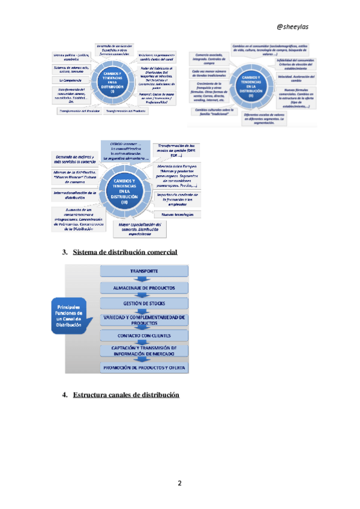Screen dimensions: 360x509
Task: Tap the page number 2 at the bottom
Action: pyautogui.click(x=179, y=483)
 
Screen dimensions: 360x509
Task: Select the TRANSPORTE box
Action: pyautogui.click(x=144, y=272)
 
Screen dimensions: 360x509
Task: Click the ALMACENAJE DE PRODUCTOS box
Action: pyautogui.click(x=144, y=288)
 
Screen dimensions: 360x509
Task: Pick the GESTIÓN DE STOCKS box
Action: pyautogui.click(x=144, y=304)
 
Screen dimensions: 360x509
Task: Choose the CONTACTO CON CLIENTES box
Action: pyautogui.click(x=144, y=335)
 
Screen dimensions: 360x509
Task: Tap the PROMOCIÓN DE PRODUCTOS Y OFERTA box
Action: pyautogui.click(x=144, y=367)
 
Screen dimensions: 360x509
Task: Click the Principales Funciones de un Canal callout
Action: pyautogui.click(x=68, y=316)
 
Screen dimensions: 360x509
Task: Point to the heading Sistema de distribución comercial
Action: pyautogui.click(x=125, y=252)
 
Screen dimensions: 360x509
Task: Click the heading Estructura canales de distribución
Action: pyautogui.click(x=126, y=395)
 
